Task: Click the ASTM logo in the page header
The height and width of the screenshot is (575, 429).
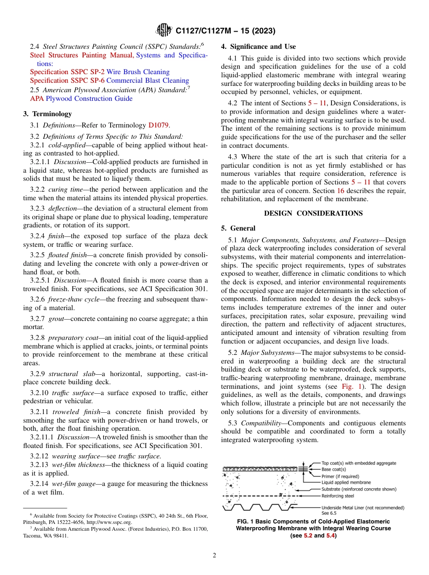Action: coord(163,31)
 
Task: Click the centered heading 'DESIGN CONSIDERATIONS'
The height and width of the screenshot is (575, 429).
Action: coord(313,213)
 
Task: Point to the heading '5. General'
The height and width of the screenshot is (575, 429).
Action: coord(238,228)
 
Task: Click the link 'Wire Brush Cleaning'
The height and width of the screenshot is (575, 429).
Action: coord(138,72)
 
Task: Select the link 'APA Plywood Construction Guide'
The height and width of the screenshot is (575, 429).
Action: coord(81,99)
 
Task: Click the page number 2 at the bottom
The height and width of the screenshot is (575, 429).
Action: coord(214,556)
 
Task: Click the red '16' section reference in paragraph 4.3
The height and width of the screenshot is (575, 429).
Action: coord(340,191)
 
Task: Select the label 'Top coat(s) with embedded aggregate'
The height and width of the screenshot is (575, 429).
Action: coord(359,463)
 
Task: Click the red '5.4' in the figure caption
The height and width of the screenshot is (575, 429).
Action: coord(331,536)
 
